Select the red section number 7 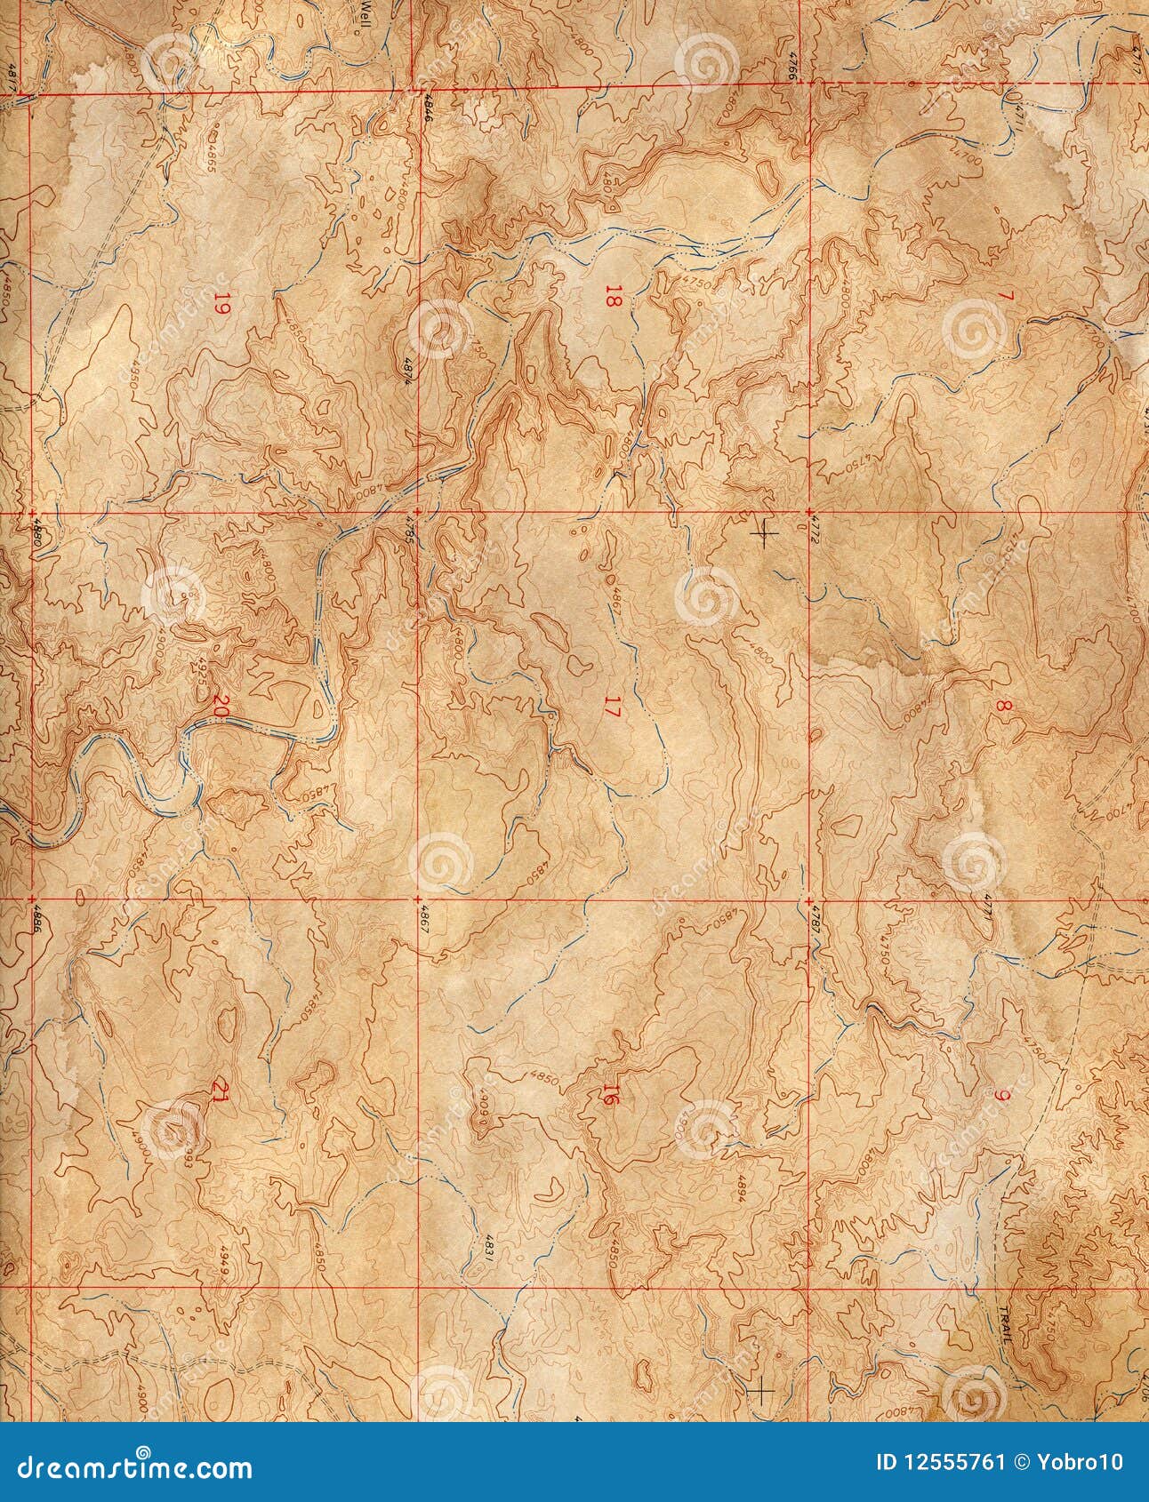tap(1005, 296)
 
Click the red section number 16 tap(610, 1097)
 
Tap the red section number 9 tap(1003, 1097)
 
